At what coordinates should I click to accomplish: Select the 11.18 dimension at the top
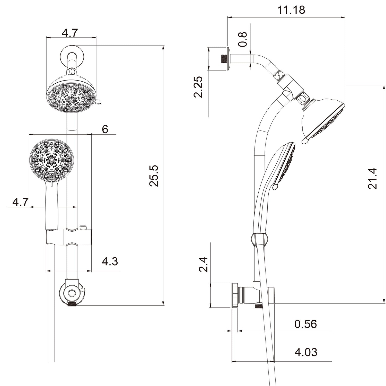291,10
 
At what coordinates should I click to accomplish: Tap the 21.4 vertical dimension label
372,178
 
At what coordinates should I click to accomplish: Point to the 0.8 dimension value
242,39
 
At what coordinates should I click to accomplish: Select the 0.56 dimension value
305,324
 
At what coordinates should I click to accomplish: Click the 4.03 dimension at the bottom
306,352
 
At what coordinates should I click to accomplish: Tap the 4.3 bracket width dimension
110,261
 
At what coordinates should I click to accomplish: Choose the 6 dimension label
105,129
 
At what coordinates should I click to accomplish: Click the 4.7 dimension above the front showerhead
69,33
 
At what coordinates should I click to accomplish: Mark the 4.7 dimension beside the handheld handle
20,202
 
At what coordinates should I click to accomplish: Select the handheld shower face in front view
51,160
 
